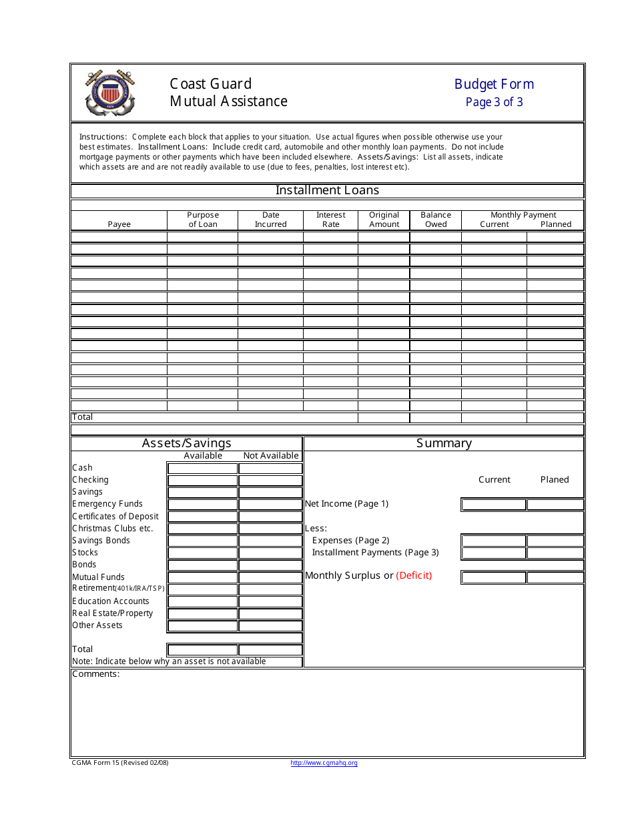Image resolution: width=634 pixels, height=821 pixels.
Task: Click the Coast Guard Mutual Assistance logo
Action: tap(110, 93)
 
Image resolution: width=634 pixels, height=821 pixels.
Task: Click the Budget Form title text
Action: tap(494, 84)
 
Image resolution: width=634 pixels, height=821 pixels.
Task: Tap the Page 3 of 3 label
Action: tap(494, 102)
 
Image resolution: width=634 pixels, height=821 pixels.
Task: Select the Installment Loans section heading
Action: tap(327, 190)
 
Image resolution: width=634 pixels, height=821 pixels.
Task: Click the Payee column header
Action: tap(119, 224)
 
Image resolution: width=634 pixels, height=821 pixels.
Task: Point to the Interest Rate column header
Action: tap(330, 220)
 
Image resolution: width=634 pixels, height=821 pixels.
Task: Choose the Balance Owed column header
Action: tap(436, 220)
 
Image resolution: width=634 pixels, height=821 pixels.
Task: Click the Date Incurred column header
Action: tap(270, 220)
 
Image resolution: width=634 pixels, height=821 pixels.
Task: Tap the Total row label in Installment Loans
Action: tap(83, 417)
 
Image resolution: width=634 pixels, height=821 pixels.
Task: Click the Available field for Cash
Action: tap(202, 469)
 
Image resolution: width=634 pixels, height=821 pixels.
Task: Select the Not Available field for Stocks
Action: tap(270, 553)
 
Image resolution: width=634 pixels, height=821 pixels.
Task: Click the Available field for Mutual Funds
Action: tap(202, 577)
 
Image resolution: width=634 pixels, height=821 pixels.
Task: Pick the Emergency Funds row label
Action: tap(107, 504)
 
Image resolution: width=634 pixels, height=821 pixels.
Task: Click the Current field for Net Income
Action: tap(493, 505)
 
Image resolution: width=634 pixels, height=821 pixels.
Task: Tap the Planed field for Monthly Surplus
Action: tap(555, 578)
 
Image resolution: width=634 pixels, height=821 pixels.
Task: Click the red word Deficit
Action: tap(414, 575)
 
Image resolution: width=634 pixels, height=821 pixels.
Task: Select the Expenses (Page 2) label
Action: tap(350, 541)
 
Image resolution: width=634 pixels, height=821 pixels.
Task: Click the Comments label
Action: tap(95, 674)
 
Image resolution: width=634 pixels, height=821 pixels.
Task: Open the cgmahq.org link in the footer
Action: tap(324, 763)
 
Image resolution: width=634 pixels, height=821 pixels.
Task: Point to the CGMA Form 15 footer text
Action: tap(120, 763)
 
